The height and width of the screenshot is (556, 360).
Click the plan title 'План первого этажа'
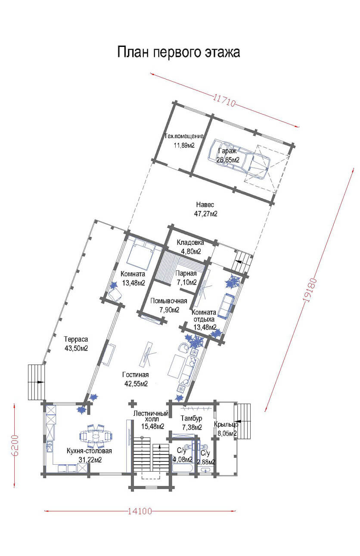(x=178, y=53)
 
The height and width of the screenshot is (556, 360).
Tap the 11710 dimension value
(x=224, y=100)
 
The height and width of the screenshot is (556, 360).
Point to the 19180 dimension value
(x=310, y=290)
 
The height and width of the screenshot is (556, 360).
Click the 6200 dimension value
(x=15, y=445)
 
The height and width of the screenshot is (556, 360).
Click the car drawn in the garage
(x=239, y=159)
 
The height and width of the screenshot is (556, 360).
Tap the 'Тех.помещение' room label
(x=184, y=136)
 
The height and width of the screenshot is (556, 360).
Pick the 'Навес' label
(x=205, y=204)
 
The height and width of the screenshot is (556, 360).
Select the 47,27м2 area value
(x=205, y=214)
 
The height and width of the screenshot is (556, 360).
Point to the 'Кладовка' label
(x=190, y=242)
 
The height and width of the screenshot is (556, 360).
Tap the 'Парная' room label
(x=186, y=273)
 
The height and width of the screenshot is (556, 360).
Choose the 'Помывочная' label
(x=169, y=301)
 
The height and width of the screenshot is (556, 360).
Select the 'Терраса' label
(x=76, y=339)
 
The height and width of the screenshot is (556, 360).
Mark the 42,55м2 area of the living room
(x=136, y=384)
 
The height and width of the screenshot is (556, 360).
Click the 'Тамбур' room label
(x=191, y=418)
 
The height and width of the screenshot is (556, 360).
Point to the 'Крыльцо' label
(x=226, y=425)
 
